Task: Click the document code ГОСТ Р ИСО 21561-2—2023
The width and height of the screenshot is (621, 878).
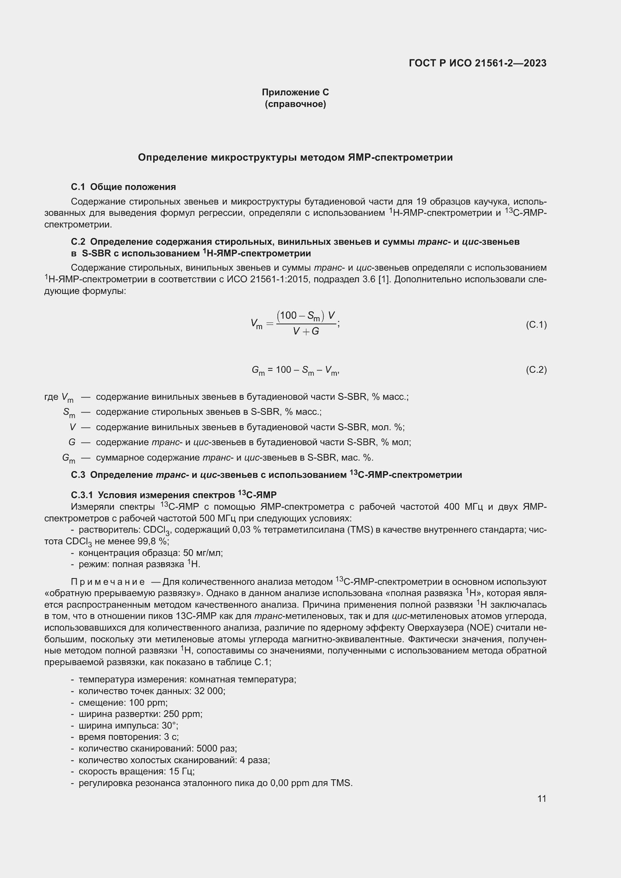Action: (477, 63)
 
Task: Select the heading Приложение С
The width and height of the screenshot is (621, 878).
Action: (295, 92)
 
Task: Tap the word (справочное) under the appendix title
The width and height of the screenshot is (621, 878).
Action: (295, 104)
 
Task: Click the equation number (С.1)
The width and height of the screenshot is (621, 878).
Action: (536, 325)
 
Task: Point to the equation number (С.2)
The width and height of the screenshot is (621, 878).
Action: (536, 370)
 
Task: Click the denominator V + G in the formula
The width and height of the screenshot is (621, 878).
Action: (306, 331)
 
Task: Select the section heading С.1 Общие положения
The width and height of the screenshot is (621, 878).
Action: (123, 187)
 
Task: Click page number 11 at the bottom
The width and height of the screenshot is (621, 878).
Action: (541, 798)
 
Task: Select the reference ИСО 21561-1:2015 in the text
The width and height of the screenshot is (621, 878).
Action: (264, 279)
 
